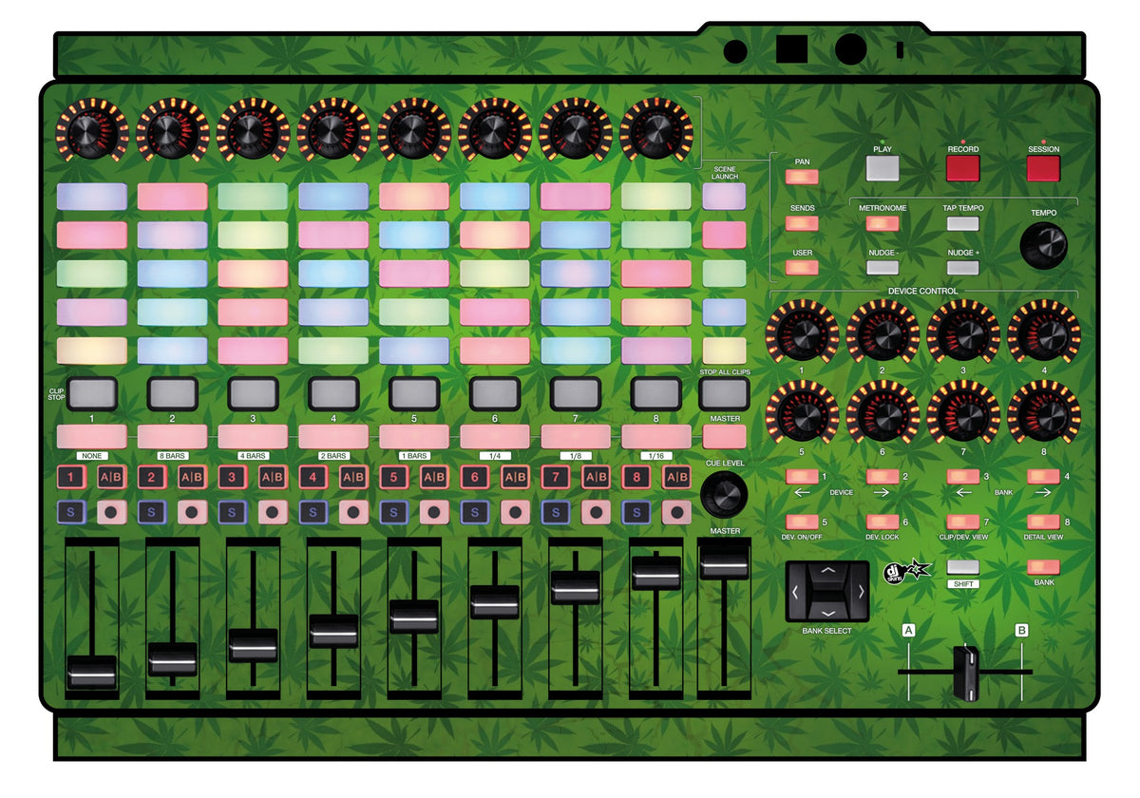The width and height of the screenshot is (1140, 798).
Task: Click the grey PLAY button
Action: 882,168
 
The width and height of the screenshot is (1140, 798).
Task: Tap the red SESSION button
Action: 1043,168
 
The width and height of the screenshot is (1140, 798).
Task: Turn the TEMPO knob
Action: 1043,245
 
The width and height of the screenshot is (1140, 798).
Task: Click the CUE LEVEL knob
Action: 724,495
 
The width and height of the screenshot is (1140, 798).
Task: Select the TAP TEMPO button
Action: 963,223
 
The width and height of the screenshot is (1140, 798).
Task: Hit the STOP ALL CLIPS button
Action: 724,393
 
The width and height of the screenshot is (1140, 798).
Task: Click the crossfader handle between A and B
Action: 965,673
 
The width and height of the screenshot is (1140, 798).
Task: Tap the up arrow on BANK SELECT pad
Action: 827,571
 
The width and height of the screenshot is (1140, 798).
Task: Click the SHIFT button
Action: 963,567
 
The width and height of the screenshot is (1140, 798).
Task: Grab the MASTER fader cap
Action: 724,561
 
